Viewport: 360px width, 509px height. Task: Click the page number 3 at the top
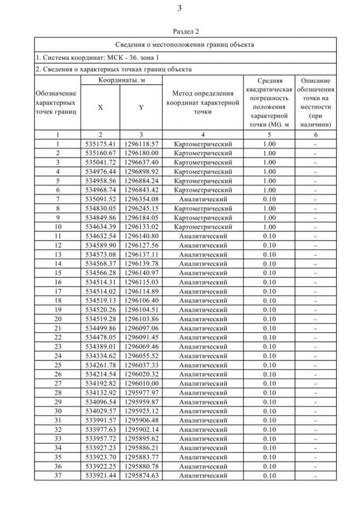179,8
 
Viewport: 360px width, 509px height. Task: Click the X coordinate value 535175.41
100,144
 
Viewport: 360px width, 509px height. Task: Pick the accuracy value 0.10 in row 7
269,199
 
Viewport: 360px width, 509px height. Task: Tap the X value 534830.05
100,208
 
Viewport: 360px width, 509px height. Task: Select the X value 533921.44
100,475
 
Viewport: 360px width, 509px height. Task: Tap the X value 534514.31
100,281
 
